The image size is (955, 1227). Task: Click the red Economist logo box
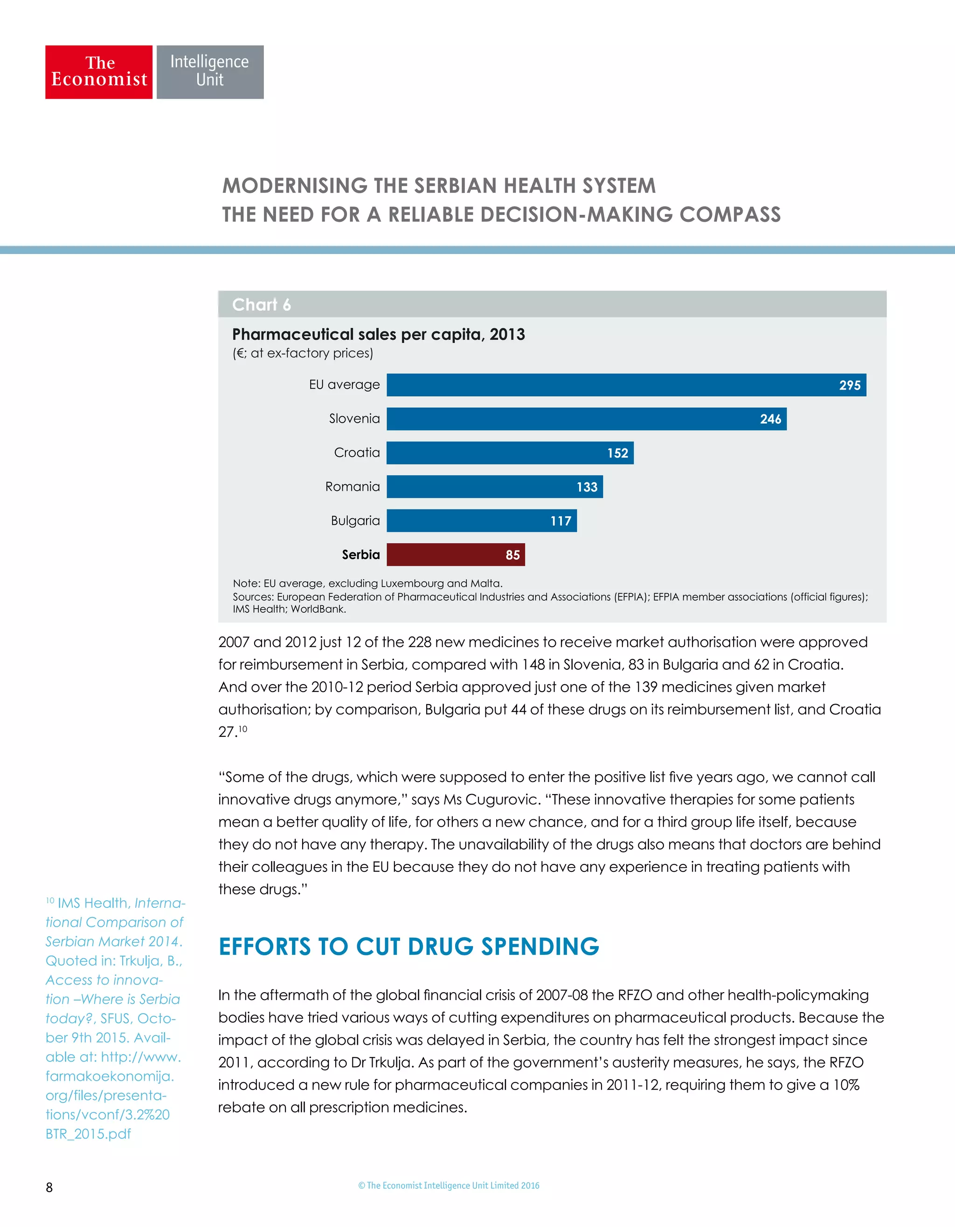pyautogui.click(x=99, y=72)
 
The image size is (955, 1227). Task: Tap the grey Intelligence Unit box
pyautogui.click(x=210, y=72)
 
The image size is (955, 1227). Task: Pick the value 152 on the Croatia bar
pyautogui.click(x=617, y=453)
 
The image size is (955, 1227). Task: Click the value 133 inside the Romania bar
pyautogui.click(x=587, y=487)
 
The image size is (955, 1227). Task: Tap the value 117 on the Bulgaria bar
pyautogui.click(x=561, y=521)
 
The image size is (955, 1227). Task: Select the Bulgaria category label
pyautogui.click(x=355, y=521)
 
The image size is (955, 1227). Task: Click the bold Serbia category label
pyautogui.click(x=361, y=555)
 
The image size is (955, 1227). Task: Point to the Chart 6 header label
pyautogui.click(x=262, y=304)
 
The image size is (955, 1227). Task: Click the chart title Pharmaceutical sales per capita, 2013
pyautogui.click(x=378, y=334)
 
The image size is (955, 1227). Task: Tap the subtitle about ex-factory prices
pyautogui.click(x=303, y=353)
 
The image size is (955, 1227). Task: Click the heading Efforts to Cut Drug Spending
pyautogui.click(x=408, y=946)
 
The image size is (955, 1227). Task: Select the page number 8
pyautogui.click(x=49, y=1187)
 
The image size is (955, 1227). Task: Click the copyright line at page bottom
pyautogui.click(x=449, y=1186)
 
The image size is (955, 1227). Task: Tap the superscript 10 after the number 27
pyautogui.click(x=243, y=729)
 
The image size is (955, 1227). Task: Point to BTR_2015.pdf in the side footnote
pyautogui.click(x=88, y=1134)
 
